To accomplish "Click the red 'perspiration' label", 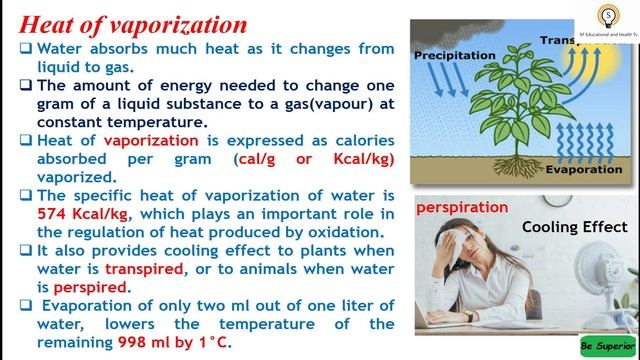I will pyautogui.click(x=463, y=207).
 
